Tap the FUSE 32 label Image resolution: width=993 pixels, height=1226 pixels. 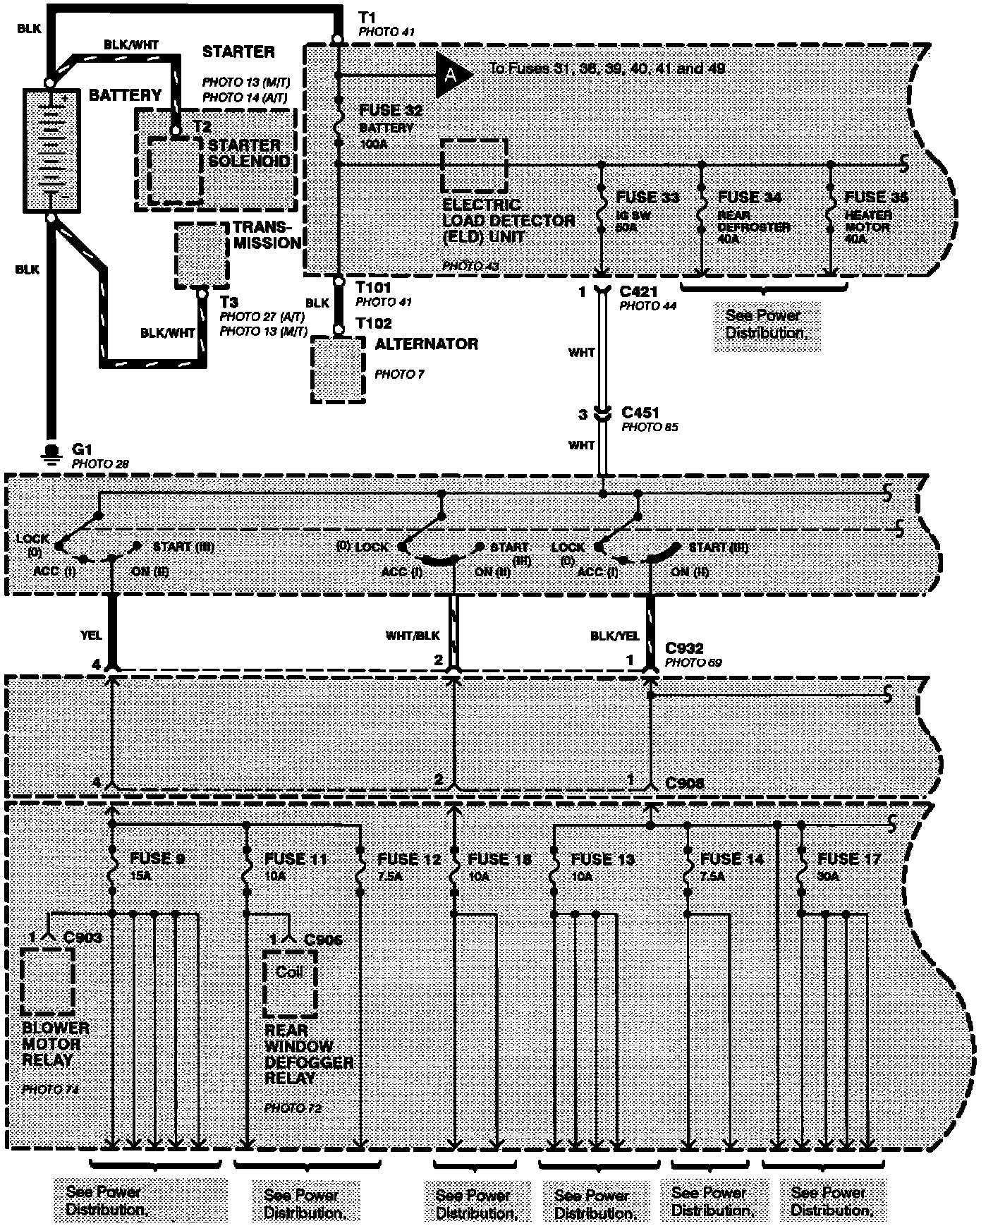(391, 111)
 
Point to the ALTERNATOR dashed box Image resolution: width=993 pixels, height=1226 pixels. (339, 369)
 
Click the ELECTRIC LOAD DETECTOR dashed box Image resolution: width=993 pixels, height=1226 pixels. (474, 166)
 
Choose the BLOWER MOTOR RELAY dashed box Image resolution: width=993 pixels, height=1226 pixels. (48, 981)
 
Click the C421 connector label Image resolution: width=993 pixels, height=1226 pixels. (640, 291)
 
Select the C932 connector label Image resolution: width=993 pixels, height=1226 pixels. (685, 648)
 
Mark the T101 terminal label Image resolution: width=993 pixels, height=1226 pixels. (374, 288)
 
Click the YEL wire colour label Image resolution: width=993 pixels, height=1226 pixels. (92, 635)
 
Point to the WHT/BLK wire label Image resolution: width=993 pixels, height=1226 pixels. (413, 635)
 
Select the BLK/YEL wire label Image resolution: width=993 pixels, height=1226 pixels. (614, 635)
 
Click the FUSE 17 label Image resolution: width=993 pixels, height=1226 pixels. (849, 858)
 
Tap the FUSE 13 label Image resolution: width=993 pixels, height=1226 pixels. (602, 858)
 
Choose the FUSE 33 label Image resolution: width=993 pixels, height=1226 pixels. (647, 197)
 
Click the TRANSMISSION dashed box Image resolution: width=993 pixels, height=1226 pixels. (202, 255)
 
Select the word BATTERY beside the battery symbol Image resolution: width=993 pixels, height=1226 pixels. (125, 95)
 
